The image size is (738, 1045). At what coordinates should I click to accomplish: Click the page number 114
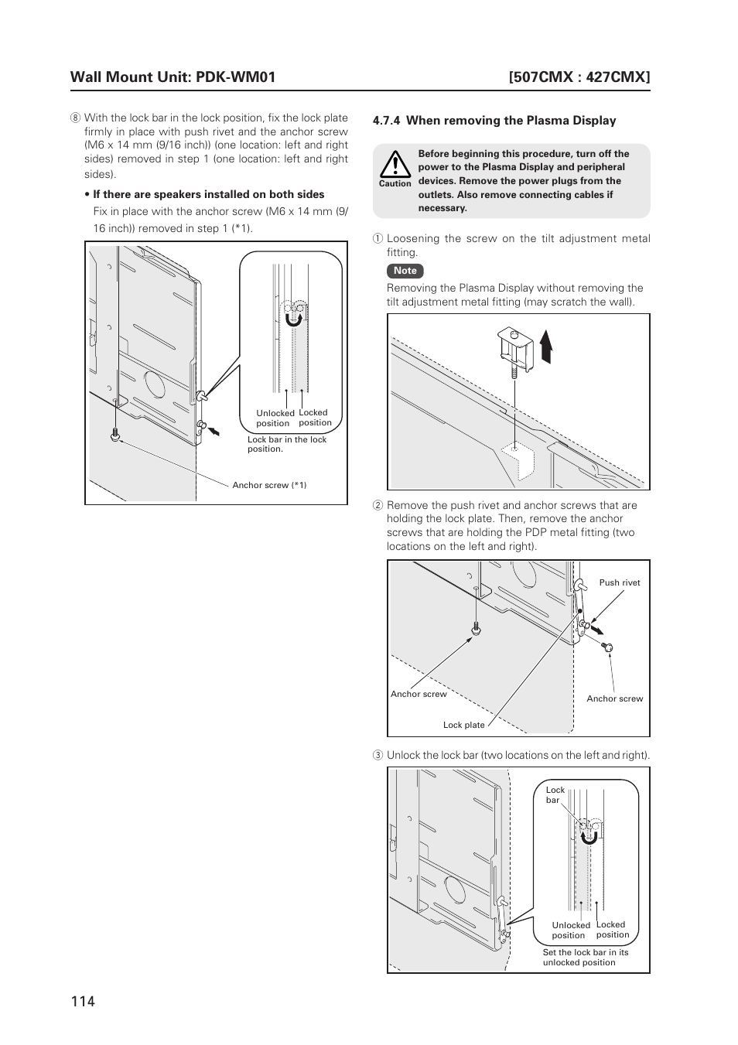click(82, 1001)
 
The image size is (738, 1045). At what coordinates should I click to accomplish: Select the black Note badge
click(405, 271)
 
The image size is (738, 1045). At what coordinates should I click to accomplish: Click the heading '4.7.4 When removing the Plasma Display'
click(494, 121)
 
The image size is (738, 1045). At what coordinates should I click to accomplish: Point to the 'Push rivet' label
click(619, 583)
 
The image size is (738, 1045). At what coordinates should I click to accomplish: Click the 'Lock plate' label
click(463, 726)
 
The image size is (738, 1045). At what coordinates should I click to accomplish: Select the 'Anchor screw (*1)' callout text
click(269, 486)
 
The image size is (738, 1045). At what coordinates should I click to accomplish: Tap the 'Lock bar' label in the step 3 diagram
click(555, 795)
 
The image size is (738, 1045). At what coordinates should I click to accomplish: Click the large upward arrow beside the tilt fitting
click(546, 346)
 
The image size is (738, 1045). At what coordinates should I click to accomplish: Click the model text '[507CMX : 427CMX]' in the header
click(579, 77)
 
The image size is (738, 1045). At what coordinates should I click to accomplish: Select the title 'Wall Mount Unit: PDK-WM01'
click(173, 77)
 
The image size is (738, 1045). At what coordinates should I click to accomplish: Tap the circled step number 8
click(75, 118)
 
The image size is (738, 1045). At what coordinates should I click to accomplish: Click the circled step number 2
click(378, 506)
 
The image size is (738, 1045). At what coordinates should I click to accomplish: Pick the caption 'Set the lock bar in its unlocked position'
click(585, 958)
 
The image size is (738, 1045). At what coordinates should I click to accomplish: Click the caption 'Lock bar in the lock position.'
click(287, 444)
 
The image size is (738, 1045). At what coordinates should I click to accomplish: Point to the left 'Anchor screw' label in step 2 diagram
click(419, 694)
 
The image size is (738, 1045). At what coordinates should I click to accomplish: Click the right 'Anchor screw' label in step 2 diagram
click(614, 698)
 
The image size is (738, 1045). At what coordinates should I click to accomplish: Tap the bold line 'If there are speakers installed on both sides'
click(208, 195)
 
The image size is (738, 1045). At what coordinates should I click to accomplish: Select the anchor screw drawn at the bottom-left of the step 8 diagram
click(115, 435)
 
